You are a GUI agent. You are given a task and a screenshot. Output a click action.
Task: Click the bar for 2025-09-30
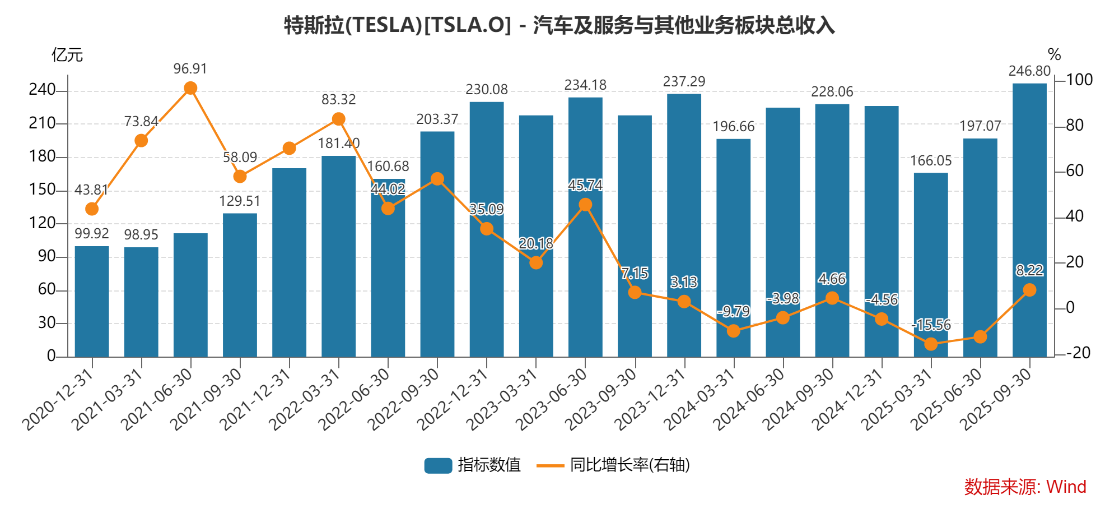(x=1029, y=220)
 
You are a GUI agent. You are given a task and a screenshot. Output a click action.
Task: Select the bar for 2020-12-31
(x=92, y=301)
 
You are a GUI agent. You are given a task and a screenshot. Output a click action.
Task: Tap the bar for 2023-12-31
(x=684, y=225)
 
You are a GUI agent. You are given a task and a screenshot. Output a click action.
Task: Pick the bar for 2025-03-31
(x=931, y=264)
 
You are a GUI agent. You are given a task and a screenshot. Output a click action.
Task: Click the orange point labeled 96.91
(x=190, y=88)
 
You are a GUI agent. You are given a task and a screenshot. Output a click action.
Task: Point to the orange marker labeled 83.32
(x=338, y=119)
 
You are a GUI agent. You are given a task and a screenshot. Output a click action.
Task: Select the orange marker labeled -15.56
(x=931, y=344)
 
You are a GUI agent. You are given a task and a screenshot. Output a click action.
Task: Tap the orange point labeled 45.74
(x=585, y=205)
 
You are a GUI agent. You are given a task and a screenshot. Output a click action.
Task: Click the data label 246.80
(x=1029, y=71)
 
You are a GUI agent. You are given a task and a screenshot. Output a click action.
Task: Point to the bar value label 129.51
(x=240, y=201)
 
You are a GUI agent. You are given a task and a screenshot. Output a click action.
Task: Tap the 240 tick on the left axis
(x=42, y=90)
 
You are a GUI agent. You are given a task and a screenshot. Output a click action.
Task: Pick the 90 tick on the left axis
(x=46, y=256)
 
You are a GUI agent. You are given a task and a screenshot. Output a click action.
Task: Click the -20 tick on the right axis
(x=1078, y=353)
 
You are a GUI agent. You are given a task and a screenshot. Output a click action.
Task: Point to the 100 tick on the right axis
(x=1079, y=80)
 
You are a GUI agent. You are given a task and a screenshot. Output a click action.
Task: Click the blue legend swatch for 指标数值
(x=438, y=465)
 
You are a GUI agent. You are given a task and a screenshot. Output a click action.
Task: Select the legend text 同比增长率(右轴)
(x=630, y=465)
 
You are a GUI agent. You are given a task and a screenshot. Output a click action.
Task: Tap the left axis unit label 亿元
(x=67, y=55)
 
